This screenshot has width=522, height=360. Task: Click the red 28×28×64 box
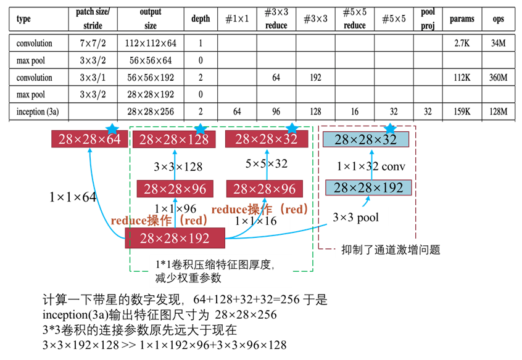[89, 139]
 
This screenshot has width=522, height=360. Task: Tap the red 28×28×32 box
[266, 139]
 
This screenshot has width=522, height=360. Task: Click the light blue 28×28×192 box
[368, 187]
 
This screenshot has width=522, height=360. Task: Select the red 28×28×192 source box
[175, 238]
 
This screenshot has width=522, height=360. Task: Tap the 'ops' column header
[498, 19]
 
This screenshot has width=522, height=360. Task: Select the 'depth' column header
[201, 19]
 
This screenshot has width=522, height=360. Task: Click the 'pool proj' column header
[428, 19]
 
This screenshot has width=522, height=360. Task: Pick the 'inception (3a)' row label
[38, 112]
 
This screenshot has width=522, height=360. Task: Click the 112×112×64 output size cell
[151, 44]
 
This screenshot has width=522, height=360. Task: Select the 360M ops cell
[498, 78]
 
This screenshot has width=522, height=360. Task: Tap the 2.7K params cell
[462, 44]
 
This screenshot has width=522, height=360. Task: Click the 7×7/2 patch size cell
[93, 44]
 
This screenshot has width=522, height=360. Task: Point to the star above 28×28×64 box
[112, 129]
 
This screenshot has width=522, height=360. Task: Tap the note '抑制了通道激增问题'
[394, 250]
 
